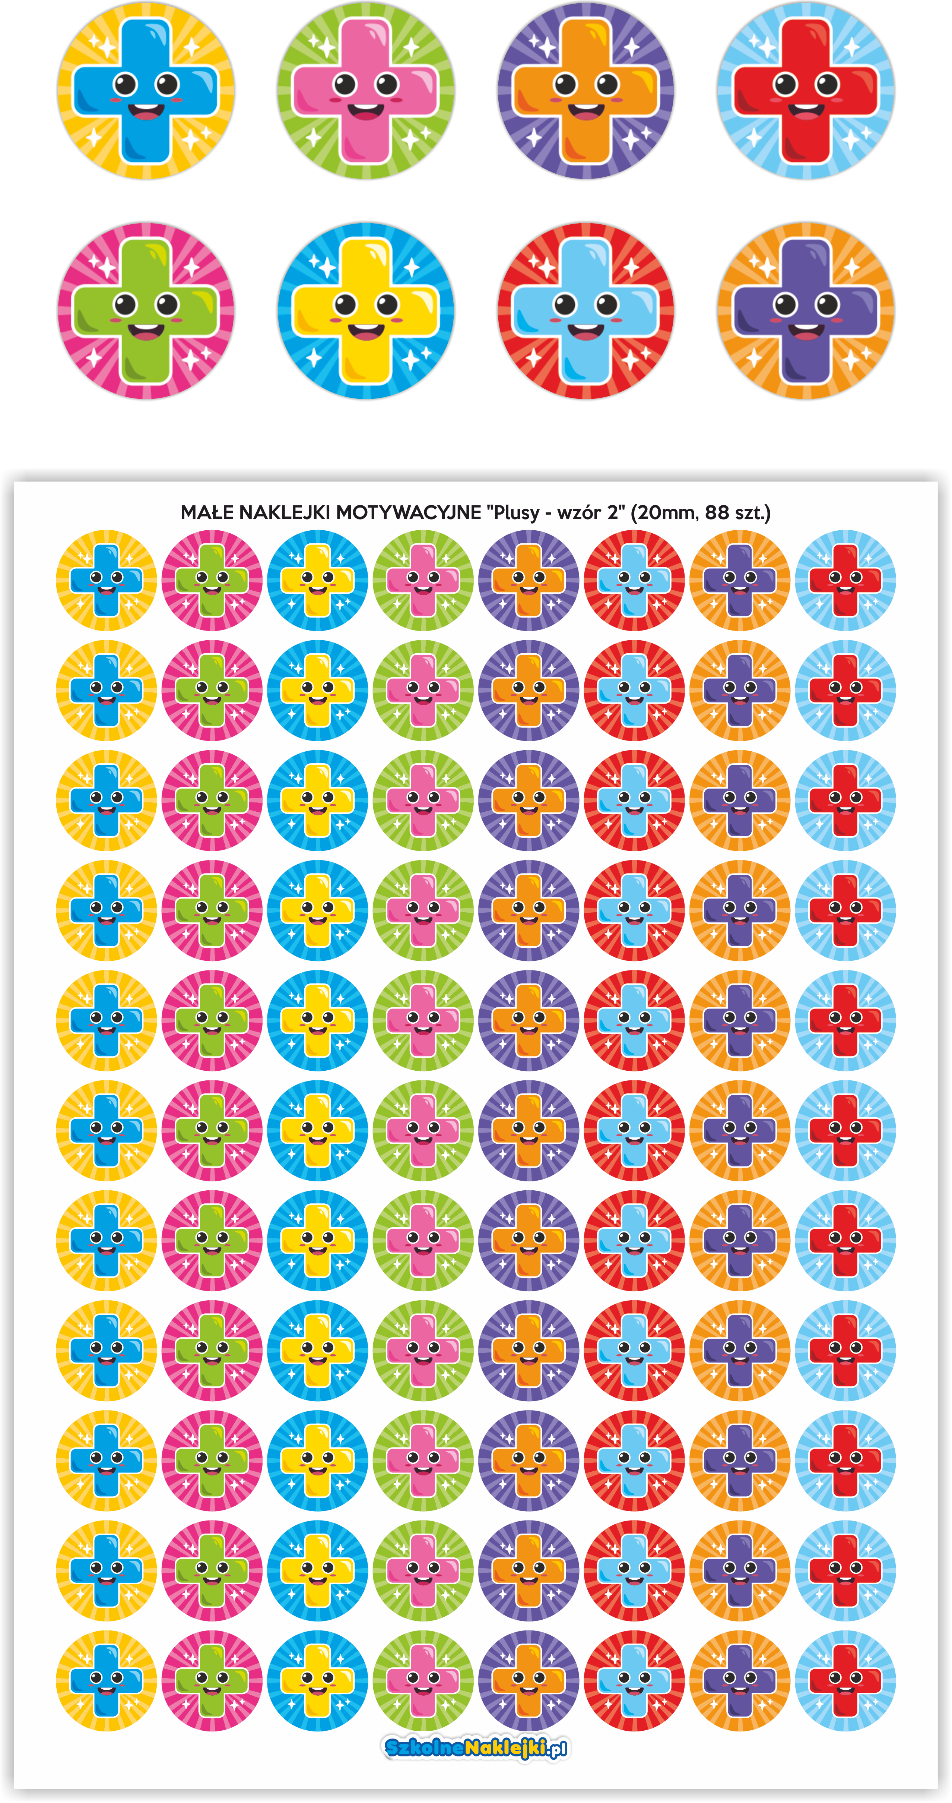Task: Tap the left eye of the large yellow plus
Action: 346,304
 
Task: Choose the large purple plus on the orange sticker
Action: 806,311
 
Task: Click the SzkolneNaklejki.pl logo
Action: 476,1748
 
